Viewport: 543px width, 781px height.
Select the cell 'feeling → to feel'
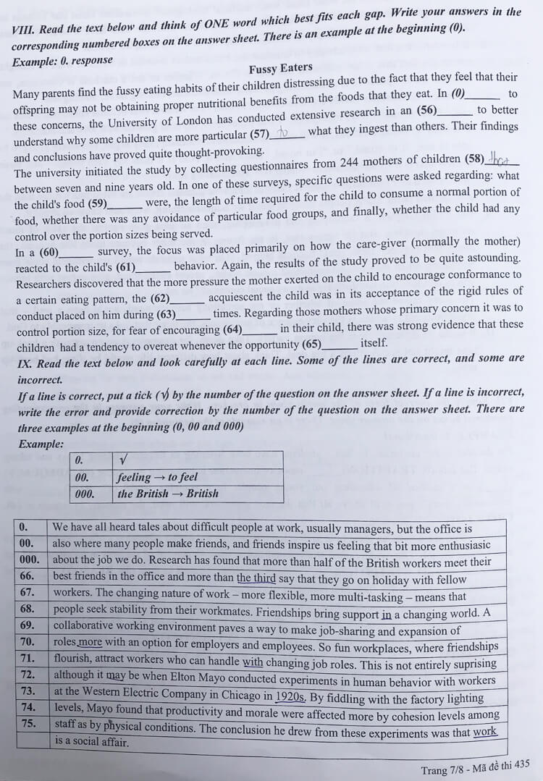pyautogui.click(x=156, y=477)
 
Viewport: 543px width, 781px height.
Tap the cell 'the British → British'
pyautogui.click(x=167, y=494)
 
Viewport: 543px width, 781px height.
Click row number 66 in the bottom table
pyautogui.click(x=28, y=577)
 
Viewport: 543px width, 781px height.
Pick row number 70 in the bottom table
pyautogui.click(x=28, y=642)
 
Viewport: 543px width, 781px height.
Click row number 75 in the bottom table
pyautogui.click(x=28, y=723)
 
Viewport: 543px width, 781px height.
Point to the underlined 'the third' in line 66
pyautogui.click(x=256, y=578)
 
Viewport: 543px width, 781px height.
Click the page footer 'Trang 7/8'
pyautogui.click(x=444, y=769)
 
